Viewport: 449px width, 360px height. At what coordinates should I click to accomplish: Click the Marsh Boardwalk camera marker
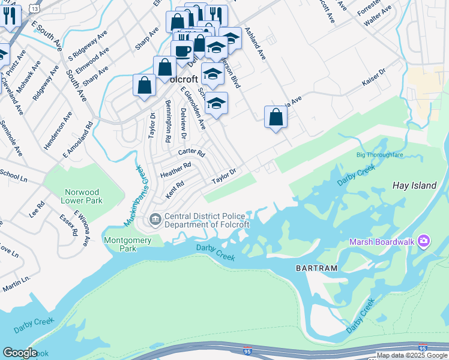coord(424,241)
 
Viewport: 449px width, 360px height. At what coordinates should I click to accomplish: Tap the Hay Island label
coord(414,186)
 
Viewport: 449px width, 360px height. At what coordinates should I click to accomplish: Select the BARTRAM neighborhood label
coord(316,268)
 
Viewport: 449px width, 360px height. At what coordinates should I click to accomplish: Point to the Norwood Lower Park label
coord(83,196)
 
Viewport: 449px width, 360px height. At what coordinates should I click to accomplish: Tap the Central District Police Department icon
coord(155,220)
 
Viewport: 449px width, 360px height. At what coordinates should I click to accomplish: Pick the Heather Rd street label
coord(175,169)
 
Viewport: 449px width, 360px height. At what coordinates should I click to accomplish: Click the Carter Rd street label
coord(191,152)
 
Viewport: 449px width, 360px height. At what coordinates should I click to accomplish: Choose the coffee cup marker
coord(182,51)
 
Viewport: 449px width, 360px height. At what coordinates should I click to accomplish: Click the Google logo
coord(20,353)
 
